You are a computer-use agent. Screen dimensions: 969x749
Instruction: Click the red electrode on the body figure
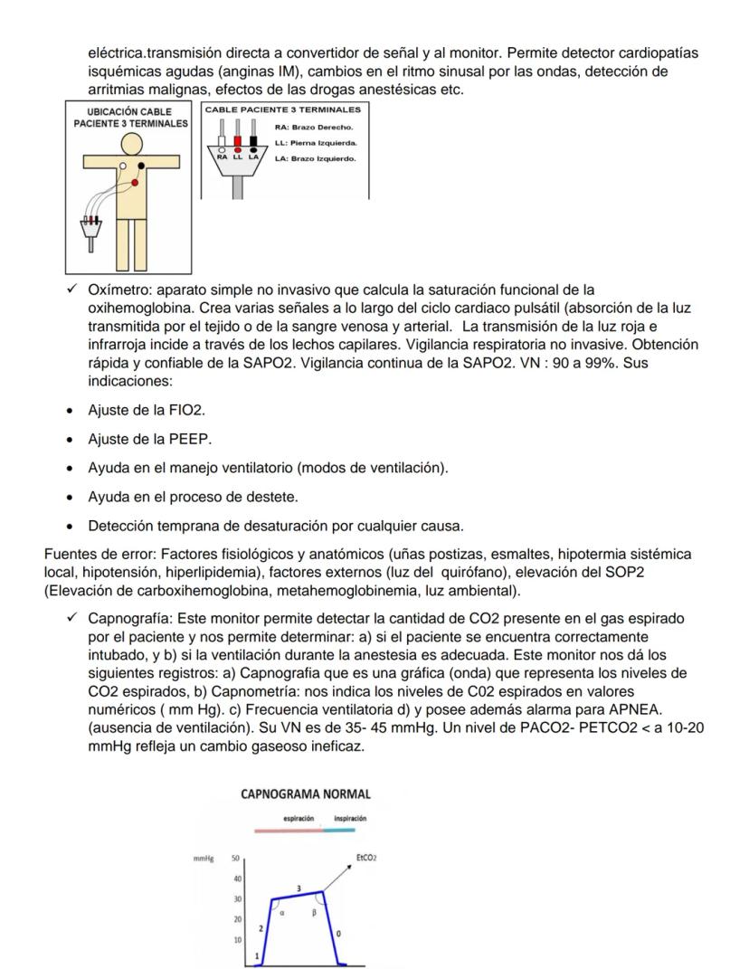coord(134,183)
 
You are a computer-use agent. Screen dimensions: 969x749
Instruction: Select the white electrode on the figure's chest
coord(121,166)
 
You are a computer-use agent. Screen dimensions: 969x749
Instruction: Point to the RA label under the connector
coord(222,157)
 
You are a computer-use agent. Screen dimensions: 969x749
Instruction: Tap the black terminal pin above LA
coord(253,140)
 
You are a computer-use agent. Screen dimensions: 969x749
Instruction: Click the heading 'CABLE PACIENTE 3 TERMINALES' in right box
coord(288,109)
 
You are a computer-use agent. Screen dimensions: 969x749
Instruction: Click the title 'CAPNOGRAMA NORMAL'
coord(307,793)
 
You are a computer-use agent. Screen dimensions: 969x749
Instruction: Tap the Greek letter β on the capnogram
coord(313,913)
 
